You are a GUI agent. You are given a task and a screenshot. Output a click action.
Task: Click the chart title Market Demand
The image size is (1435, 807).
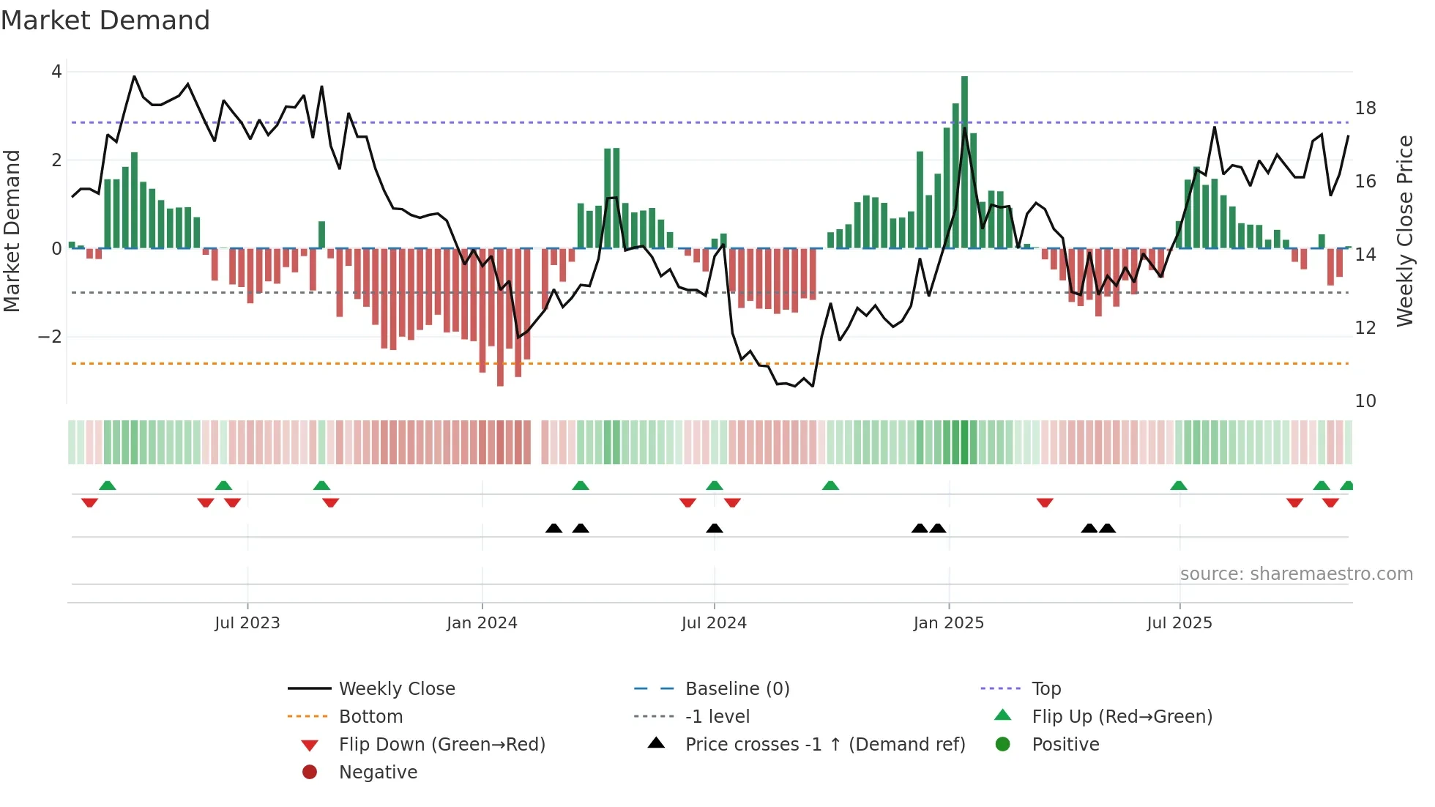105,21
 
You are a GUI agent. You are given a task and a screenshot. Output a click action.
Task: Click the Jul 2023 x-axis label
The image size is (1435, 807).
247,623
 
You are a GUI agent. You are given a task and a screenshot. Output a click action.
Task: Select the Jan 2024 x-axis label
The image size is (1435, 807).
482,623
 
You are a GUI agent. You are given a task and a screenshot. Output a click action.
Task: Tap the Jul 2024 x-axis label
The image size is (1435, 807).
714,623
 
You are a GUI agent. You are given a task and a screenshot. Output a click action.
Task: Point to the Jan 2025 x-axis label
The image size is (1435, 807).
949,623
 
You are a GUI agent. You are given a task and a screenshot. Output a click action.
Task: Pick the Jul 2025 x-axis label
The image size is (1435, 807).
1179,623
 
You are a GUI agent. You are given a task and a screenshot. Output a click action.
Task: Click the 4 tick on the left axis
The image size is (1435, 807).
56,72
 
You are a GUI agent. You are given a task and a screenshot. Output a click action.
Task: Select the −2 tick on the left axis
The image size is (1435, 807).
50,337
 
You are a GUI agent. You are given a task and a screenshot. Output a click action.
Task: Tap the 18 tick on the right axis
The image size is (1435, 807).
1365,108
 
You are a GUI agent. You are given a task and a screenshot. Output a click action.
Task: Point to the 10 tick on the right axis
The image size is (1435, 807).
1365,401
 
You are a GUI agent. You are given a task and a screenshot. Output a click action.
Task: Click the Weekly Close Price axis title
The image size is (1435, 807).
1405,231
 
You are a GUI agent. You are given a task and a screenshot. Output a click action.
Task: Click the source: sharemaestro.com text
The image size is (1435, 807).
1296,574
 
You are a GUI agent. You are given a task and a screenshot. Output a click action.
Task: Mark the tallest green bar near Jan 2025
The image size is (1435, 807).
964,161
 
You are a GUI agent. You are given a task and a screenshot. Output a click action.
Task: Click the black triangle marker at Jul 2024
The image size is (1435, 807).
715,528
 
